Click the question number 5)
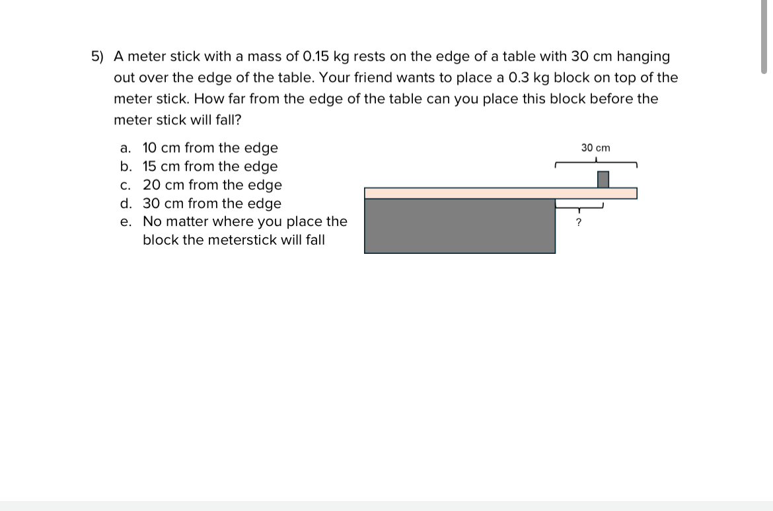pos(97,57)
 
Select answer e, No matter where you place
pos(244,221)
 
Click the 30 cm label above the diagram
pos(595,147)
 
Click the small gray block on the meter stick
pos(603,179)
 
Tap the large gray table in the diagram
pos(460,225)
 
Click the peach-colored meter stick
pos(500,193)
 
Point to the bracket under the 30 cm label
pos(596,163)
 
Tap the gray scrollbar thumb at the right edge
pos(764,36)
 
